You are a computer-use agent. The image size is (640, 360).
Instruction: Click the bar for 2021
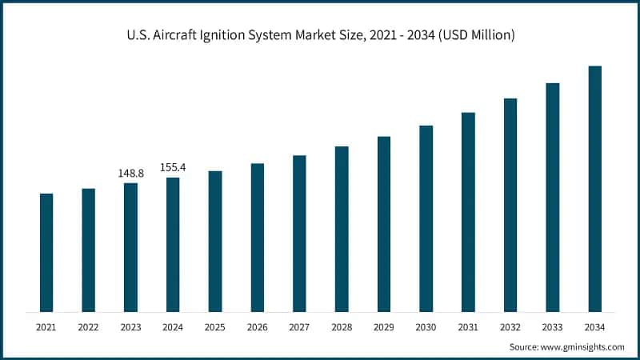click(46, 252)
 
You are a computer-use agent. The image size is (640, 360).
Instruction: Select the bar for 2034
click(594, 189)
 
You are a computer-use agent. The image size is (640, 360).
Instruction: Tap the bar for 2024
click(173, 244)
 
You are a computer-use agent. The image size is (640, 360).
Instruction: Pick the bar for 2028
click(342, 229)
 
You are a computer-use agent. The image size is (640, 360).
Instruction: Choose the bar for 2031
click(468, 212)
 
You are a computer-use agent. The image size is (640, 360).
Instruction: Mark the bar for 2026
click(257, 238)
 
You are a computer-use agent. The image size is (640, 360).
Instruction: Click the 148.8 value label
click(130, 173)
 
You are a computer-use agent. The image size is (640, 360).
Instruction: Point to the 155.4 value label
click(173, 167)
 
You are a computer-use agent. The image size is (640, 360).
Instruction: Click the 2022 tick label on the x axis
click(88, 327)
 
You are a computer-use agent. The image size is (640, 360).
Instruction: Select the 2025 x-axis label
click(215, 327)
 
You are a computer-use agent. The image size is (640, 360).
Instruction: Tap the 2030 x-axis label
click(426, 327)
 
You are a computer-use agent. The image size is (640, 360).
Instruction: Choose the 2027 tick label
click(299, 327)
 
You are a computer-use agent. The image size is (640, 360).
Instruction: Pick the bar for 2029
click(384, 224)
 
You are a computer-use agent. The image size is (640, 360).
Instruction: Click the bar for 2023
click(130, 247)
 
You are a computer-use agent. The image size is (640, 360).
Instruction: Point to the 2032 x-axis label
click(510, 327)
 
